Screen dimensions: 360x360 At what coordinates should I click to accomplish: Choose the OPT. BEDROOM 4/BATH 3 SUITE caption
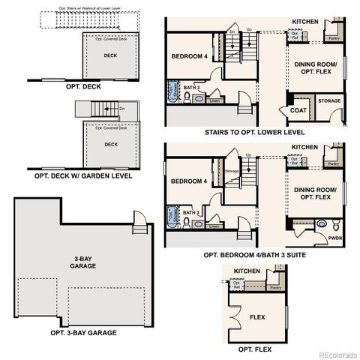coord(257,254)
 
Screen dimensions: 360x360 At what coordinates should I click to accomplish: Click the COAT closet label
coord(298,110)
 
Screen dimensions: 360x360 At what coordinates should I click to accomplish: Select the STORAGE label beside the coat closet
coord(329,100)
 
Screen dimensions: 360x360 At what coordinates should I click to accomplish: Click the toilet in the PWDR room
coord(320,223)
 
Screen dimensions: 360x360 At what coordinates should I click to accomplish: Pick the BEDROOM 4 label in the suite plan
coord(189,181)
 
